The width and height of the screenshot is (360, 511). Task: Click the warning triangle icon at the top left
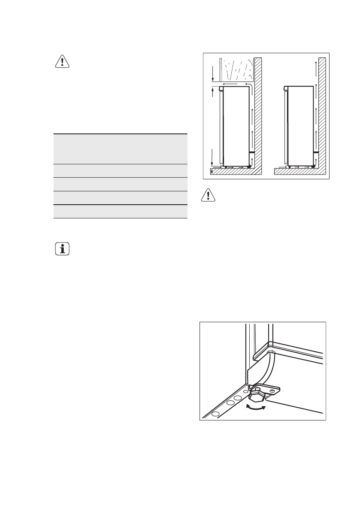point(63,62)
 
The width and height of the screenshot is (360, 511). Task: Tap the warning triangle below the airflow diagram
point(208,196)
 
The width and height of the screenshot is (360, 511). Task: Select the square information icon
point(63,249)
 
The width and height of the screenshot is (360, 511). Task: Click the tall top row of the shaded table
point(121,148)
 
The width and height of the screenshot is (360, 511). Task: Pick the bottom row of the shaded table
point(121,212)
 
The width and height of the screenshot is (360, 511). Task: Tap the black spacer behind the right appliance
point(316,152)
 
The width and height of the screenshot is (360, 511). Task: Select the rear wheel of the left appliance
point(249,166)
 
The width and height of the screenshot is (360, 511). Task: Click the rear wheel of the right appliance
point(313,166)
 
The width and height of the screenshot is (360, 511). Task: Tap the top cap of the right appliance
point(286,89)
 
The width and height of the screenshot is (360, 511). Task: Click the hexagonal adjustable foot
point(259,394)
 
